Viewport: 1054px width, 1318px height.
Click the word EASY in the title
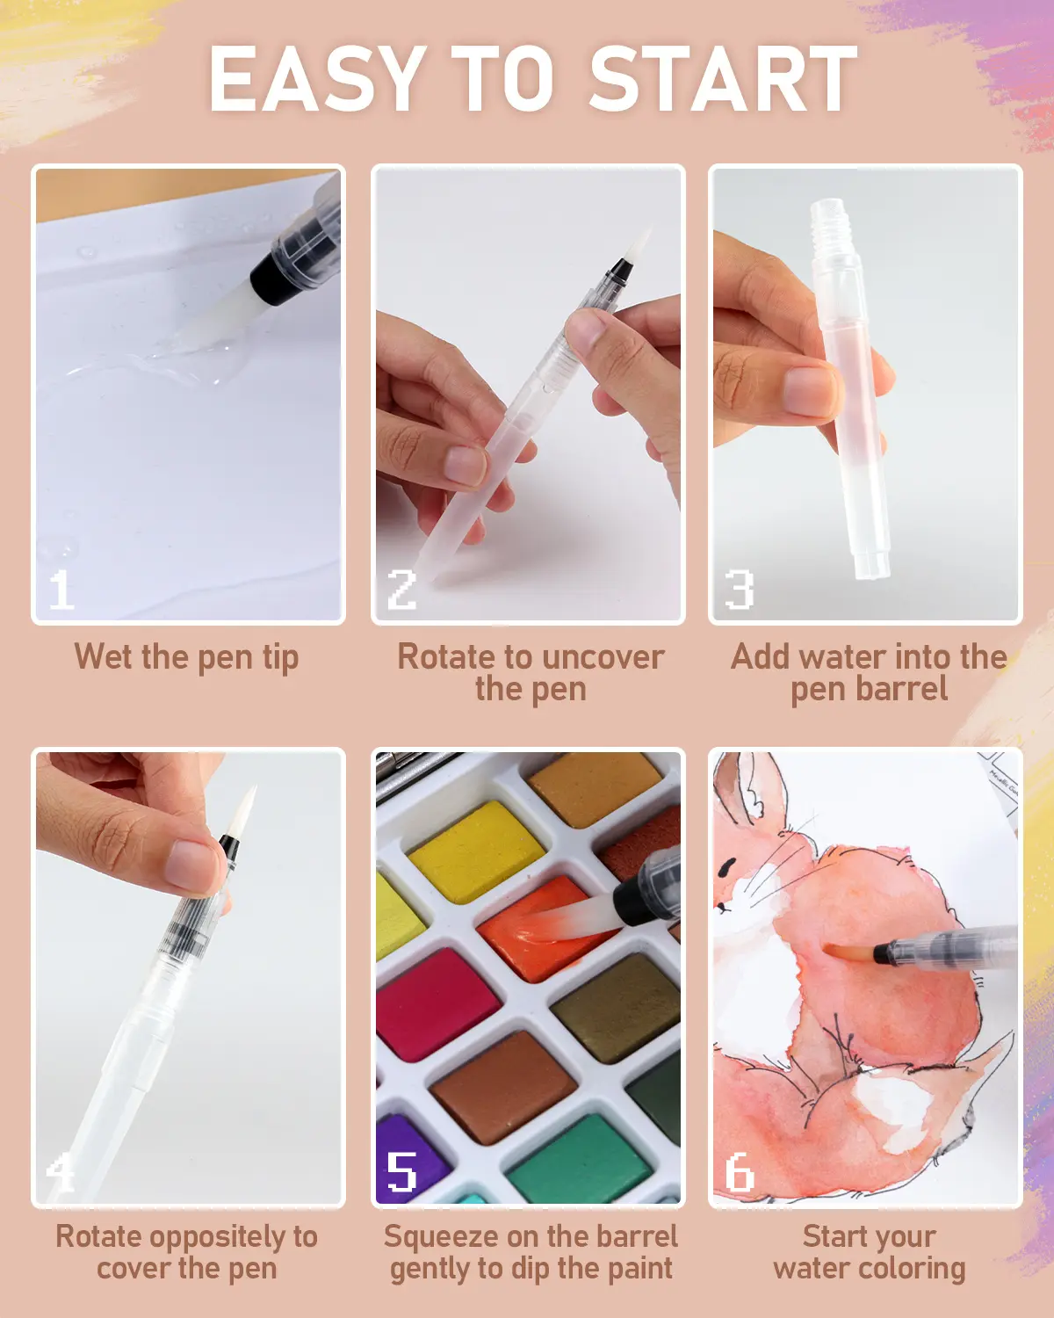[317, 79]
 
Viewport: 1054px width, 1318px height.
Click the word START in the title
[723, 79]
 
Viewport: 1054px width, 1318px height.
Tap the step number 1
[61, 590]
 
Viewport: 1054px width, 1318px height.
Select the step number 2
[401, 590]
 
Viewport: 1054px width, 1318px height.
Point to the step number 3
[740, 590]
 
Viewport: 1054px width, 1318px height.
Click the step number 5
[401, 1170]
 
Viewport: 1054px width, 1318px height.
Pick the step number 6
[740, 1170]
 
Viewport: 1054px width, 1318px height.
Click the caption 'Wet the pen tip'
[187, 658]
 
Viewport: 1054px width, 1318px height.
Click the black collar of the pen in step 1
[270, 278]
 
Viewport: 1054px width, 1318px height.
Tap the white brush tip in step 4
[243, 809]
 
